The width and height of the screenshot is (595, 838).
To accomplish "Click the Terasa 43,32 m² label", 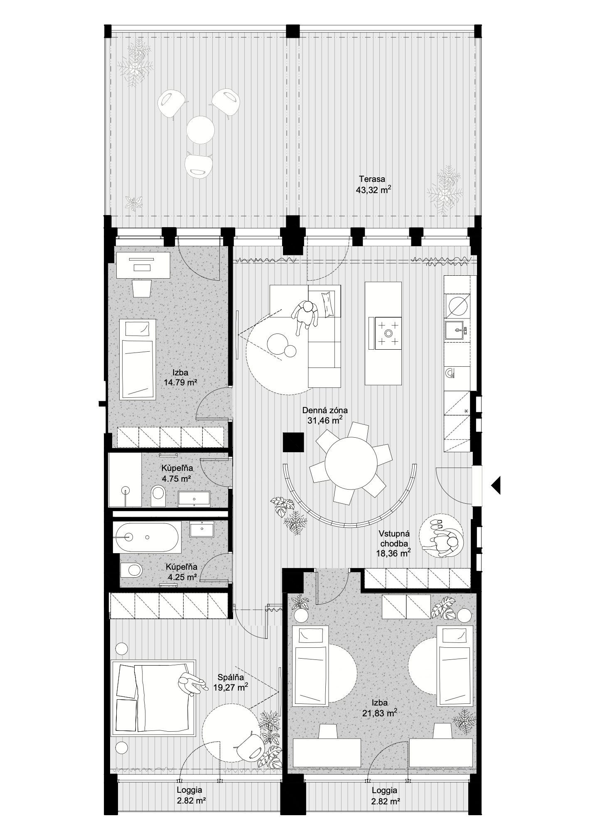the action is [x=374, y=185].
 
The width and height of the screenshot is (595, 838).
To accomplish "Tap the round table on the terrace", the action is [x=200, y=130].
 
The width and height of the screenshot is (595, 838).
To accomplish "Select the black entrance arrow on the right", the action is [x=495, y=485].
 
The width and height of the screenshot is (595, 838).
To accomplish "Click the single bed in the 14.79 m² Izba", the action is [x=138, y=360].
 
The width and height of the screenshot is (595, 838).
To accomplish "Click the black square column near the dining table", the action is [x=293, y=442].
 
